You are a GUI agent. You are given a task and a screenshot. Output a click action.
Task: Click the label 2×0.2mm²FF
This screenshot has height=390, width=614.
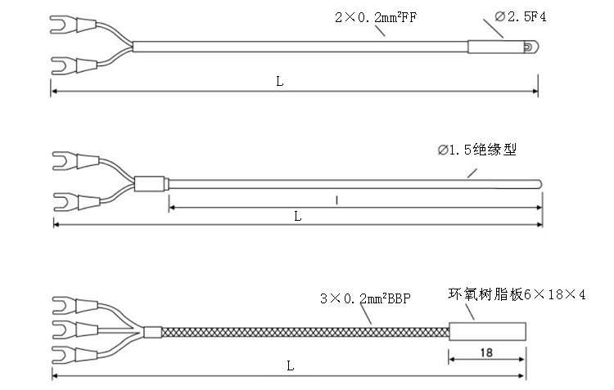376,17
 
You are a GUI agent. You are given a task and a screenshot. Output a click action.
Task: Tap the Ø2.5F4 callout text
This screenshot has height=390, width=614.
521,16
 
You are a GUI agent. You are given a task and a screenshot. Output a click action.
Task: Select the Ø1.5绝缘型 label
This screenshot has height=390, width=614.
477,150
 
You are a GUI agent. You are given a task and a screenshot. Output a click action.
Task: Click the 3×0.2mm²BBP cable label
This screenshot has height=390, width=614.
365,298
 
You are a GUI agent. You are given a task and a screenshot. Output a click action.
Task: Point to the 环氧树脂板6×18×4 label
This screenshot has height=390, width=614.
517,294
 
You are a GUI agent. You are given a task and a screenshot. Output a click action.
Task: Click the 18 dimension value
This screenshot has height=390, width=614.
486,352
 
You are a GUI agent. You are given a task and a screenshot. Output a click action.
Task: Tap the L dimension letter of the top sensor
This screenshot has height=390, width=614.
280,82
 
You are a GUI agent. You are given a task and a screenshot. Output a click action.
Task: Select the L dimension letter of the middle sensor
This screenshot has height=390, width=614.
298,216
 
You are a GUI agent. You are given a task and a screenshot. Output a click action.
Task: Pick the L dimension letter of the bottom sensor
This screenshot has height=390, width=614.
290,365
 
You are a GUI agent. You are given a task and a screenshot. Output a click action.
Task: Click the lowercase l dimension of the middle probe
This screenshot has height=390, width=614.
336,200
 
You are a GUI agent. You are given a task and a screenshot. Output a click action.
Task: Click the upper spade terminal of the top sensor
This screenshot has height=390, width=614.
73,25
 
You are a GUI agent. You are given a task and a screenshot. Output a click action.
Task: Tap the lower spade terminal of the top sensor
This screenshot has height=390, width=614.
74,65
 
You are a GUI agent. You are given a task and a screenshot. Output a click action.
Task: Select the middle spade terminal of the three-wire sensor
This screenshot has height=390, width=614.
74,329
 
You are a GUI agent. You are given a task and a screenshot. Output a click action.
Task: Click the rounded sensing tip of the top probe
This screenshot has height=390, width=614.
531,47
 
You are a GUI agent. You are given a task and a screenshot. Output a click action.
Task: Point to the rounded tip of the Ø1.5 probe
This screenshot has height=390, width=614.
540,184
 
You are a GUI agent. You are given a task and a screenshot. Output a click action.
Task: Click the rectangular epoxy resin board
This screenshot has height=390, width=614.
487,332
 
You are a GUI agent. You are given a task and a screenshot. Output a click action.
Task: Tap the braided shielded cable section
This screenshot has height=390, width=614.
305,333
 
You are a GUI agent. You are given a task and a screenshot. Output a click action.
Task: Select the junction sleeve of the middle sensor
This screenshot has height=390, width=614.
150,184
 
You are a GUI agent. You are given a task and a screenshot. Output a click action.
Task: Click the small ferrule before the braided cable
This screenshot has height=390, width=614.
152,332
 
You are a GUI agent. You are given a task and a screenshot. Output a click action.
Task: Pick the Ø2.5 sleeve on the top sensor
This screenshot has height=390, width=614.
496,47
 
